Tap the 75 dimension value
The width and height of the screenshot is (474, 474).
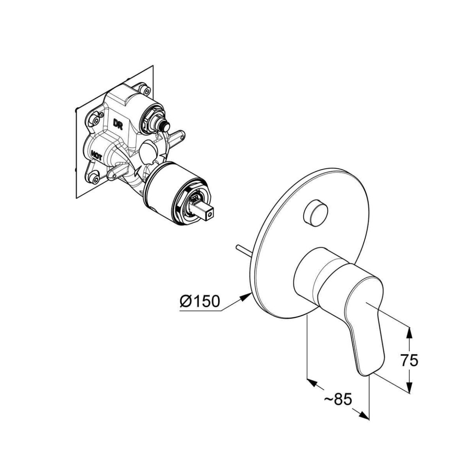tap(409, 361)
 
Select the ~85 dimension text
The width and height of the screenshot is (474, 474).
tap(338, 400)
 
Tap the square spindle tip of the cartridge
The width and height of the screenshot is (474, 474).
tap(207, 214)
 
